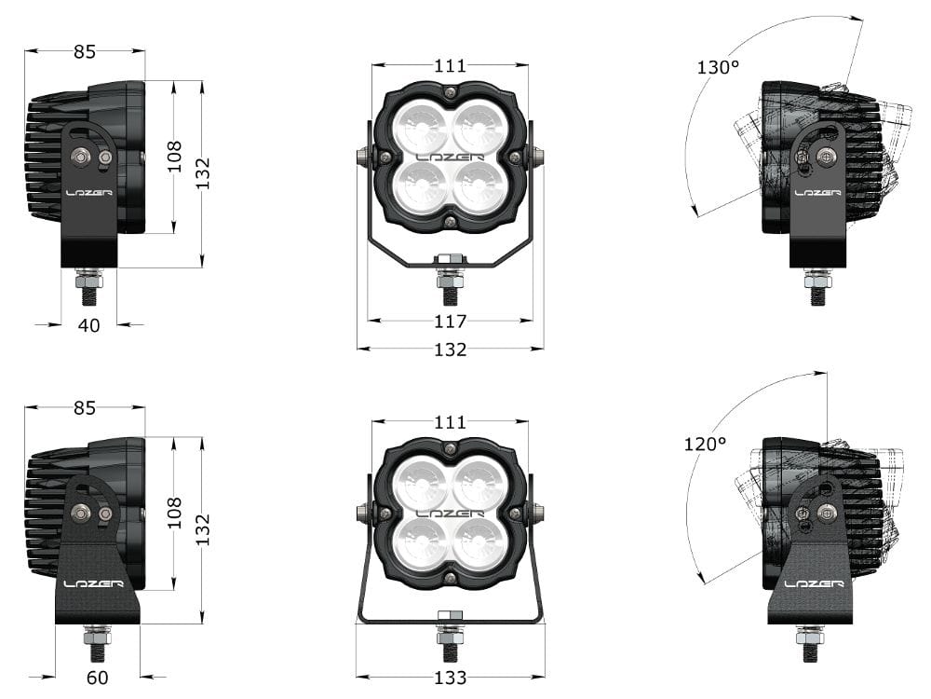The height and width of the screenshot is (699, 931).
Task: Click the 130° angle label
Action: [717, 67]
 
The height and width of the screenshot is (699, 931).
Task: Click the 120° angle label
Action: [705, 445]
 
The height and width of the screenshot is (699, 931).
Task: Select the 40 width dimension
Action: [89, 324]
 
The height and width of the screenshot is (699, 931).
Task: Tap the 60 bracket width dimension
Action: [97, 678]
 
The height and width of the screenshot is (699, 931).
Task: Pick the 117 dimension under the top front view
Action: [450, 322]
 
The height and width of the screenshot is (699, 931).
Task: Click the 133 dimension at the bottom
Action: [450, 678]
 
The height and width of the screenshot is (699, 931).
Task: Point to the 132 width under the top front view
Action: [450, 349]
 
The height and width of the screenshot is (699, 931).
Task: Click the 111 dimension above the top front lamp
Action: [450, 66]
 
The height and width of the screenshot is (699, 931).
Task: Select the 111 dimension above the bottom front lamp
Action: [450, 422]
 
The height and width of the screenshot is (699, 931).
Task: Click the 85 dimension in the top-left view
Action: [85, 52]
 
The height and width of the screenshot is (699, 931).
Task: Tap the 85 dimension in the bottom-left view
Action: [85, 408]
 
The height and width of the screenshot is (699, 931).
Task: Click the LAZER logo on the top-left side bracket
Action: [89, 193]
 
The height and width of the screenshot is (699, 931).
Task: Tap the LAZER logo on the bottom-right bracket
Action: [814, 584]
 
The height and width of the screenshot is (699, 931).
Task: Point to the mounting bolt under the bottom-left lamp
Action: [97, 643]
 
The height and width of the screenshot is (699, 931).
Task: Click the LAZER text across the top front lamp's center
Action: [450, 158]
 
